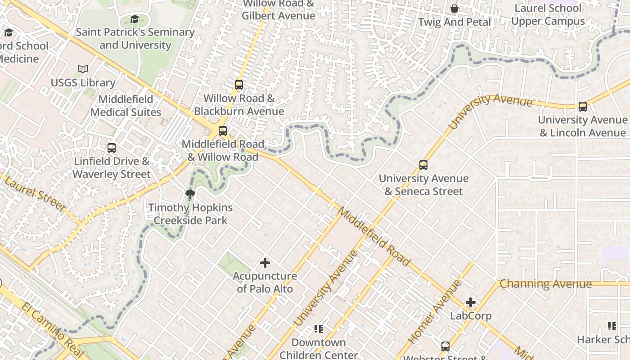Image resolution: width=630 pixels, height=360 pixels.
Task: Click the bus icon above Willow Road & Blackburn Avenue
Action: [x=239, y=85]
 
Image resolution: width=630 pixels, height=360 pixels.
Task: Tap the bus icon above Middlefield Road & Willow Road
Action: [x=223, y=131]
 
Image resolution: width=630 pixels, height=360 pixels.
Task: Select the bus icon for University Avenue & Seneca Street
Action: [x=423, y=165]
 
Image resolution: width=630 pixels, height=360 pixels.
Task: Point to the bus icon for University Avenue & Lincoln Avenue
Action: [x=583, y=107]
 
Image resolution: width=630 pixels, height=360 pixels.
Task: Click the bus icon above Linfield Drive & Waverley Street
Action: [x=112, y=148]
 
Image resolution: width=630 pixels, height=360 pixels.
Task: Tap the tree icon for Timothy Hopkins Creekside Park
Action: [x=190, y=194]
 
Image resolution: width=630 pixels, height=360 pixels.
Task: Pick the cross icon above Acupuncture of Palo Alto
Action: [x=265, y=263]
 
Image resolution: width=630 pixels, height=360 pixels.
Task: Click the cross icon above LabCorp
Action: [x=471, y=302]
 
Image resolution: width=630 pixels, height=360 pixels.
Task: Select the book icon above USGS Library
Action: [x=83, y=69]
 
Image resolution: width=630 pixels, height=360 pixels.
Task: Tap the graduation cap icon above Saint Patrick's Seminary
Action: [x=135, y=19]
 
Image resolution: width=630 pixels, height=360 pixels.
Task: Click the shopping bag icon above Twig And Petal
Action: [x=454, y=9]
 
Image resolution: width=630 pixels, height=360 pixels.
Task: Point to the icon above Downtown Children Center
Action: [x=319, y=329]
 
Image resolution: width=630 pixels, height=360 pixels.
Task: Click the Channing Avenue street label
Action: [x=545, y=284]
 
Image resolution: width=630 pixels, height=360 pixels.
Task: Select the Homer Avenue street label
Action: [x=434, y=312]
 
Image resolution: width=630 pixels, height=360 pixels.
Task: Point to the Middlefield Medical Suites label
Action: [x=126, y=106]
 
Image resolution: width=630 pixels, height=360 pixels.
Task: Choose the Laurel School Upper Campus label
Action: [x=548, y=15]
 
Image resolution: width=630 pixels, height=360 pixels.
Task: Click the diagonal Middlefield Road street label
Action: [x=374, y=236]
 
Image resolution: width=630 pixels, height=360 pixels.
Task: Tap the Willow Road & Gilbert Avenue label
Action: [x=279, y=10]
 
